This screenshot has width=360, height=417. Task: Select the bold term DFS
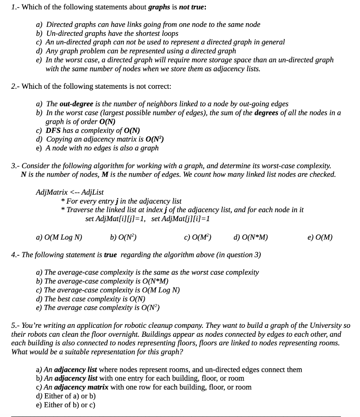(x=53, y=130)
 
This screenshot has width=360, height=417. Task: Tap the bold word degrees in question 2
(x=266, y=113)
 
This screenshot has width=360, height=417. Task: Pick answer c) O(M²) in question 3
(x=197, y=237)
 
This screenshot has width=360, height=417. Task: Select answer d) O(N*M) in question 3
(x=251, y=237)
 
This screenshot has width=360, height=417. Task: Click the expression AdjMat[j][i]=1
(x=181, y=219)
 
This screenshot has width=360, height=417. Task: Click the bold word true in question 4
(x=110, y=255)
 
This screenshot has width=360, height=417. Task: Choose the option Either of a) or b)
(x=66, y=396)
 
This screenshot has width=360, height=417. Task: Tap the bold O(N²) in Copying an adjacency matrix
(x=152, y=139)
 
